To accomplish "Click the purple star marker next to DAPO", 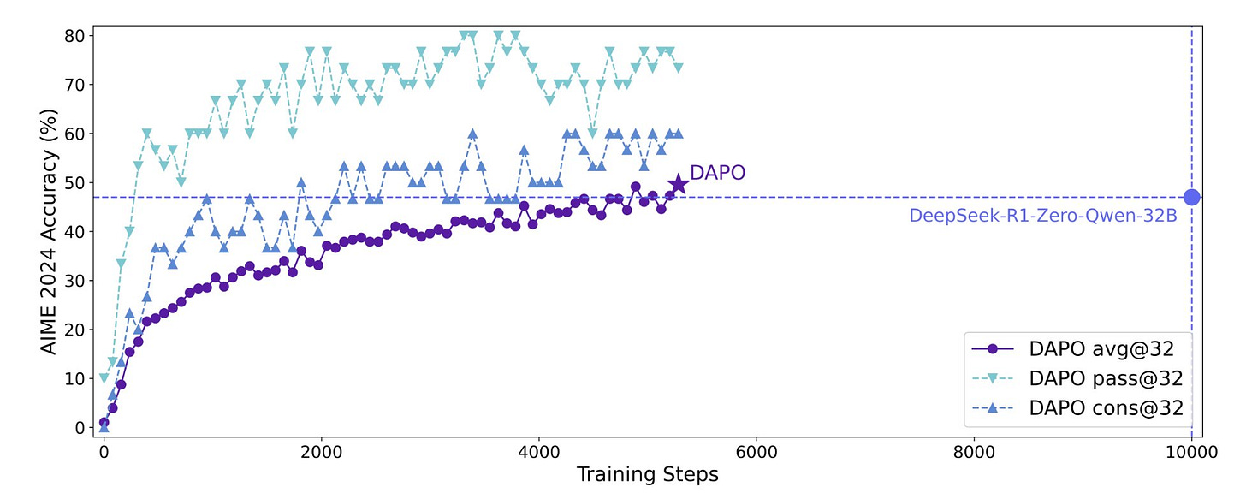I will coord(678,183).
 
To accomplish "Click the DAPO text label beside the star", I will coord(717,172).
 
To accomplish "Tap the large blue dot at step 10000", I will coord(1191,197).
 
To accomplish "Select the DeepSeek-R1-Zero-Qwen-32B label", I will coord(1042,216).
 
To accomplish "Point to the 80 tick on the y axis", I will coord(74,36).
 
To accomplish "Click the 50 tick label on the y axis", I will coord(74,183).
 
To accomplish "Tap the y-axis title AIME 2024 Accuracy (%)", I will coord(50,231).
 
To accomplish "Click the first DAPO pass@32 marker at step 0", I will coord(104,378).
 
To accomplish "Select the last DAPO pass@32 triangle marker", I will coord(679,67).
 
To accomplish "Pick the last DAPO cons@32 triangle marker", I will coord(679,134).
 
